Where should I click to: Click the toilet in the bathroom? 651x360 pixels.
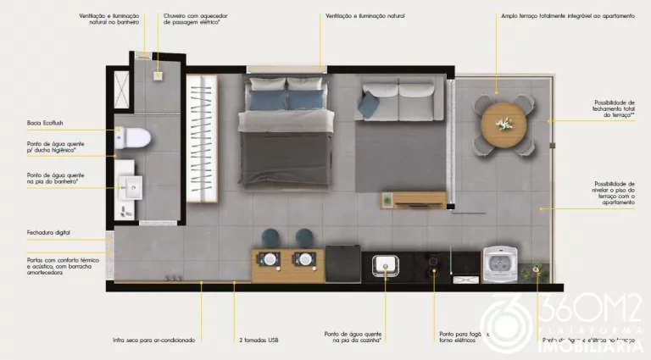[x=137, y=138]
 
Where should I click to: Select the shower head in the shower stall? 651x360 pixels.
[x=157, y=76]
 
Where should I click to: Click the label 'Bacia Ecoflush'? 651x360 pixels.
[x=42, y=123]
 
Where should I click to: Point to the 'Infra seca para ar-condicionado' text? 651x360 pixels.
[x=154, y=340]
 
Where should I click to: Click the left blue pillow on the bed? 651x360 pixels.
[x=262, y=86]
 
